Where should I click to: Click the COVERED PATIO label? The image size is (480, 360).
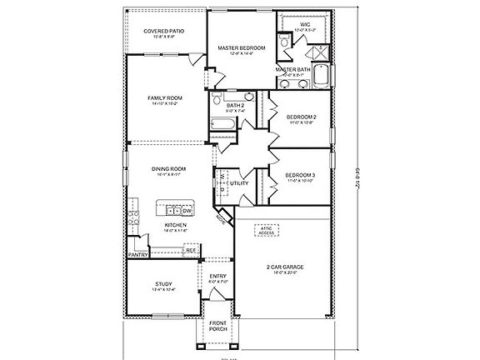(x=163, y=31)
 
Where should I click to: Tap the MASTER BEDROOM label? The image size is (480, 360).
(x=241, y=48)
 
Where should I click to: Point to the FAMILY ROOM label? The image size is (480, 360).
(x=165, y=98)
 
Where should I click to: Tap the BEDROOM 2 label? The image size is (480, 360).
(x=300, y=117)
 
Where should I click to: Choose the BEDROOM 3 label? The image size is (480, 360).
(x=300, y=174)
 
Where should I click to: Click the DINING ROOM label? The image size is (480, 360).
(x=168, y=169)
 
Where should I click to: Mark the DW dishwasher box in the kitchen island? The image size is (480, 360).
(x=187, y=210)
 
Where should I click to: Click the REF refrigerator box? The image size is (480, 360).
(x=190, y=249)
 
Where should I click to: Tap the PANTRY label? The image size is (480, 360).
(x=138, y=255)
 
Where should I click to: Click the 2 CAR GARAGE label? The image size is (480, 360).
(x=287, y=268)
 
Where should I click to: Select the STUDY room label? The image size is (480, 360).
(x=163, y=286)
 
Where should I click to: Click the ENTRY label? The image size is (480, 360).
(x=218, y=277)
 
